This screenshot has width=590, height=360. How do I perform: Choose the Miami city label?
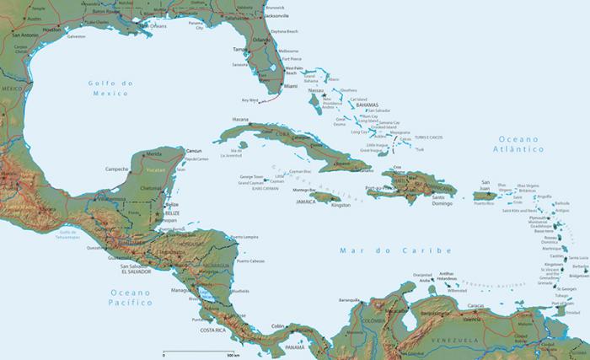[291, 86]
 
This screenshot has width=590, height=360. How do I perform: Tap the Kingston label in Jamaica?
[341, 205]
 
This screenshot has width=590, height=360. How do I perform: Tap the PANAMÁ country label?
[295, 347]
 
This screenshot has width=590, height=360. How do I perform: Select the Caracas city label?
[476, 305]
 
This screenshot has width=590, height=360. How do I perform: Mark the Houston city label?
[51, 29]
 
